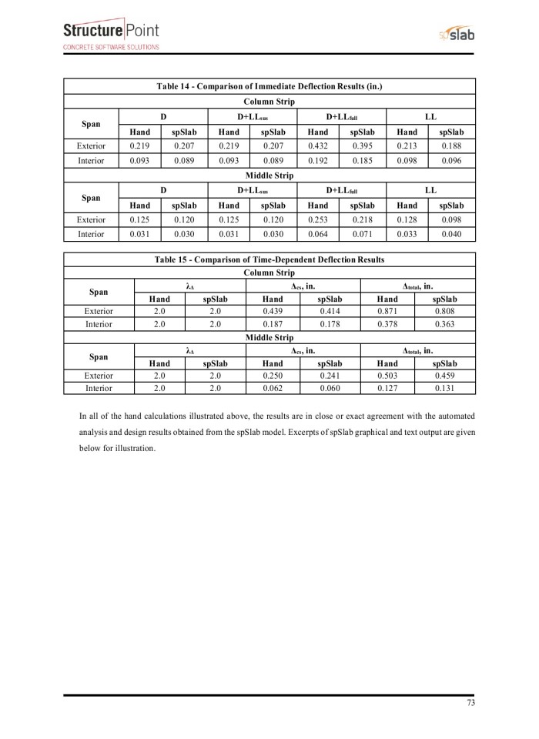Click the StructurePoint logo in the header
(112, 35)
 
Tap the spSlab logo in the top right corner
(457, 35)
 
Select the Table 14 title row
(269, 85)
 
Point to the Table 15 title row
(269, 259)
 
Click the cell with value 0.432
(317, 145)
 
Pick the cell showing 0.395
(362, 145)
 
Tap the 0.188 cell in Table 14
(452, 145)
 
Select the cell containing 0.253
(317, 220)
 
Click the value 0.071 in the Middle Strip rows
(362, 234)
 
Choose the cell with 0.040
(452, 234)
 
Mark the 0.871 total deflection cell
(387, 311)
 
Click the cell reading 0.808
(445, 311)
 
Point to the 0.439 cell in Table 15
(273, 311)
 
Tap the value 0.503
(387, 375)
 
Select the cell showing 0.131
(445, 389)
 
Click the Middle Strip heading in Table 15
(269, 337)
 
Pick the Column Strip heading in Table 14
(269, 101)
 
